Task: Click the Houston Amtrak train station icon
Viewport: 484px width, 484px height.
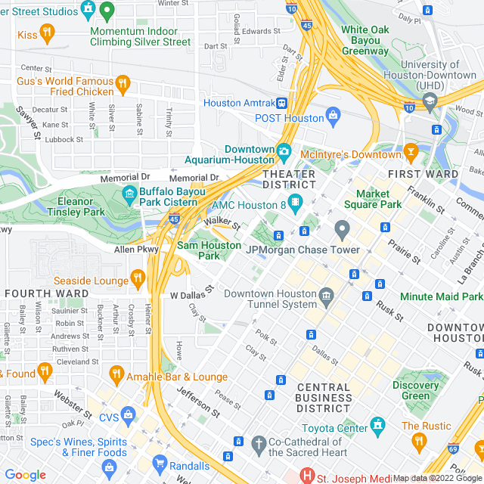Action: click(281, 103)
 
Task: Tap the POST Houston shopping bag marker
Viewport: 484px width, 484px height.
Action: click(333, 116)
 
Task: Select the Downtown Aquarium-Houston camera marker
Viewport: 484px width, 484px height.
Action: click(284, 150)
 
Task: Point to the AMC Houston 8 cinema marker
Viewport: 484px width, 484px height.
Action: click(295, 204)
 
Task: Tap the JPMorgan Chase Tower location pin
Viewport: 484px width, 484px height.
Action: click(342, 228)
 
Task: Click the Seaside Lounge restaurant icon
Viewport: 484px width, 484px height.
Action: click(137, 279)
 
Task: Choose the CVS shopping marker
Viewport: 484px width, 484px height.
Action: click(128, 415)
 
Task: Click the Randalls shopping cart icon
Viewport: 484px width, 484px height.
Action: click(160, 462)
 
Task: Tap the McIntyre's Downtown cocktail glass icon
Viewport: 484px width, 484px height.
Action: click(411, 153)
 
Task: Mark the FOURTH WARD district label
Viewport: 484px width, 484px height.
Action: click(36, 293)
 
